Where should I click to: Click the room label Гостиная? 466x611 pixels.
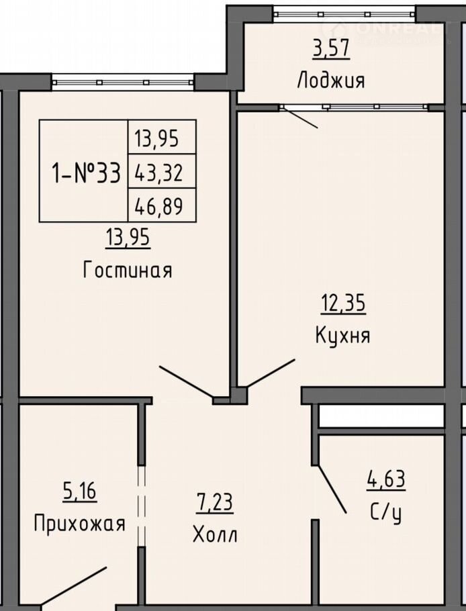(128, 270)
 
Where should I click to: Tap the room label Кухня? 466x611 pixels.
(343, 335)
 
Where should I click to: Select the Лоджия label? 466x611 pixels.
(331, 81)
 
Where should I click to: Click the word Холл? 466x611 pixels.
(215, 534)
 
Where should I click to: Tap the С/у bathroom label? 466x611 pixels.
(385, 513)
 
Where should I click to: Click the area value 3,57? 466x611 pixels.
(331, 49)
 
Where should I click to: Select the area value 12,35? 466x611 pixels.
(343, 303)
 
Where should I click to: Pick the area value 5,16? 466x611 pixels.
(79, 491)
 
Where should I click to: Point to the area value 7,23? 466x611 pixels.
(215, 503)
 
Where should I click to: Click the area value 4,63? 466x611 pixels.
(385, 479)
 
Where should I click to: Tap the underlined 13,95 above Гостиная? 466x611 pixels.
(128, 237)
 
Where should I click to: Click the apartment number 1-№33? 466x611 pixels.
(86, 173)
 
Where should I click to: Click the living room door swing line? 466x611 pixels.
(186, 382)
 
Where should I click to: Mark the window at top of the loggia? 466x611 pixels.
(344, 14)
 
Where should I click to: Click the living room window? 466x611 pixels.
(123, 83)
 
